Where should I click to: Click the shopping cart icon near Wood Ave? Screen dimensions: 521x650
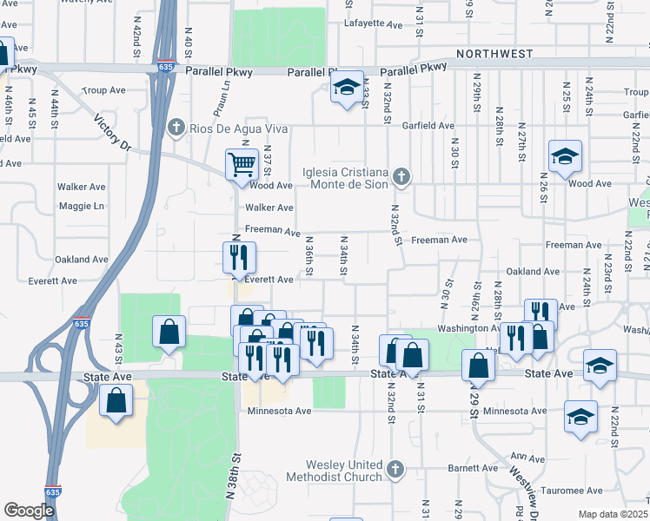241,163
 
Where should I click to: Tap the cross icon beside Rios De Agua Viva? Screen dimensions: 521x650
176,129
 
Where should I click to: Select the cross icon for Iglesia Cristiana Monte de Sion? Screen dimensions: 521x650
401,177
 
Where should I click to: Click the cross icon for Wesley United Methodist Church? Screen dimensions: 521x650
395,470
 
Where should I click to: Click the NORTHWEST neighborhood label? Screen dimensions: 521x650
494,54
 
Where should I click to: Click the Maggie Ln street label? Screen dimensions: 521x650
81,206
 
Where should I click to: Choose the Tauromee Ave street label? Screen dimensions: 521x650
570,491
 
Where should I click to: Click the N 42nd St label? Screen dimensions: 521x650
137,38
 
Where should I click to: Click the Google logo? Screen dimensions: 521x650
29,511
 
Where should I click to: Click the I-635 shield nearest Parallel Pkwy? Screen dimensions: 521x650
164,65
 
